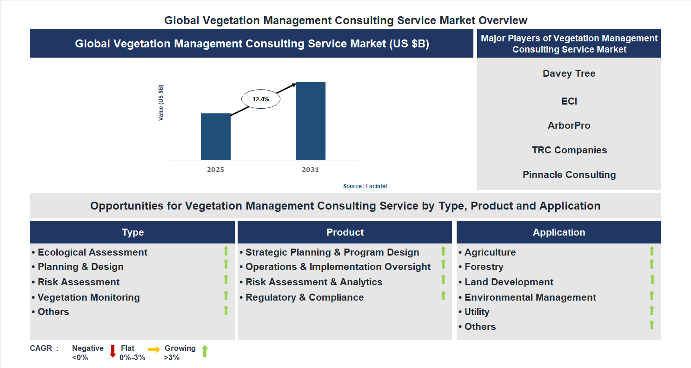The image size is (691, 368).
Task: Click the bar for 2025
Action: pos(215,137)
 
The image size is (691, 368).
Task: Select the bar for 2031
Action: pos(310,121)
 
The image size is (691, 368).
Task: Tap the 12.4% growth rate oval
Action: pos(260,99)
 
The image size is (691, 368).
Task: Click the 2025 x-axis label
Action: pos(215,170)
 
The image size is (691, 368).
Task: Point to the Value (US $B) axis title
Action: pos(161,103)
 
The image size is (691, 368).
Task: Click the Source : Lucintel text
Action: pos(365,186)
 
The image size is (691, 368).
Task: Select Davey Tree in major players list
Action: pos(569,73)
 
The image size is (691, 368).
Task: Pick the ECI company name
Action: pos(569,101)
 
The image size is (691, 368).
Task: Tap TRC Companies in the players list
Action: pos(569,150)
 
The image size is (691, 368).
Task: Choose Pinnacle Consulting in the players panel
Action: pos(569,175)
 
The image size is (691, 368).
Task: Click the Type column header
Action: pos(133,232)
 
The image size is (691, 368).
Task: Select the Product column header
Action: pos(345,232)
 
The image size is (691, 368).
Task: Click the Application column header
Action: pos(558,232)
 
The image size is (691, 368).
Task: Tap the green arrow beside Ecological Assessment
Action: pos(226,251)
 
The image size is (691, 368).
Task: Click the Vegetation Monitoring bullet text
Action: pos(88,297)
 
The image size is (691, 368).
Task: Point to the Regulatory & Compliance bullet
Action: pos(304,297)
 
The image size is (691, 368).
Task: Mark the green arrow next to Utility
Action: pos(651,310)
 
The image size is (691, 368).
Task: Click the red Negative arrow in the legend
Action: pos(113,351)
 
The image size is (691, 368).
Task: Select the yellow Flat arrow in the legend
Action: pos(154,349)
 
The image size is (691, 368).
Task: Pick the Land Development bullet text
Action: pos(508,282)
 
